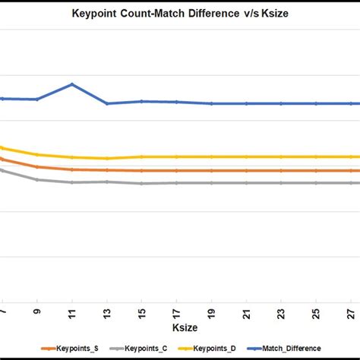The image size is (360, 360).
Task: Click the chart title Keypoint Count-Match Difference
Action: pos(179,13)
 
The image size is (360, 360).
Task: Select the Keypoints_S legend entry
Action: pos(77,348)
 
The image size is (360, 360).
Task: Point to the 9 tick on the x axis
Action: pos(37,311)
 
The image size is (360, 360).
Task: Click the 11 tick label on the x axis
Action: pos(72,311)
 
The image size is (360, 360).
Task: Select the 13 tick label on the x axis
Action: pos(107,311)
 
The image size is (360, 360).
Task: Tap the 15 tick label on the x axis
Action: pos(142,311)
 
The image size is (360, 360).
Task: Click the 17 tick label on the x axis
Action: pos(177,311)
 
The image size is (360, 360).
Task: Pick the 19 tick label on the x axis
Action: pos(212,311)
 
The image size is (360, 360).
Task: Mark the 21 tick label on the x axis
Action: pos(247,311)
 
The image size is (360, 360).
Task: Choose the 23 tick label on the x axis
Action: pos(282,311)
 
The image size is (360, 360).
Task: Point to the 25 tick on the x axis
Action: pos(317,311)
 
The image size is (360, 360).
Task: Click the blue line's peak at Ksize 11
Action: pos(72,84)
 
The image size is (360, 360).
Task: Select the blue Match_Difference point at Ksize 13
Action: pos(107,103)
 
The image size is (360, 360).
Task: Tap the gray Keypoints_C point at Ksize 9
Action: pos(37,180)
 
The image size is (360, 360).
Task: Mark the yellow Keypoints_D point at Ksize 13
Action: pos(107,158)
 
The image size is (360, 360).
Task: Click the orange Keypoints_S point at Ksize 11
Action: pos(72,169)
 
